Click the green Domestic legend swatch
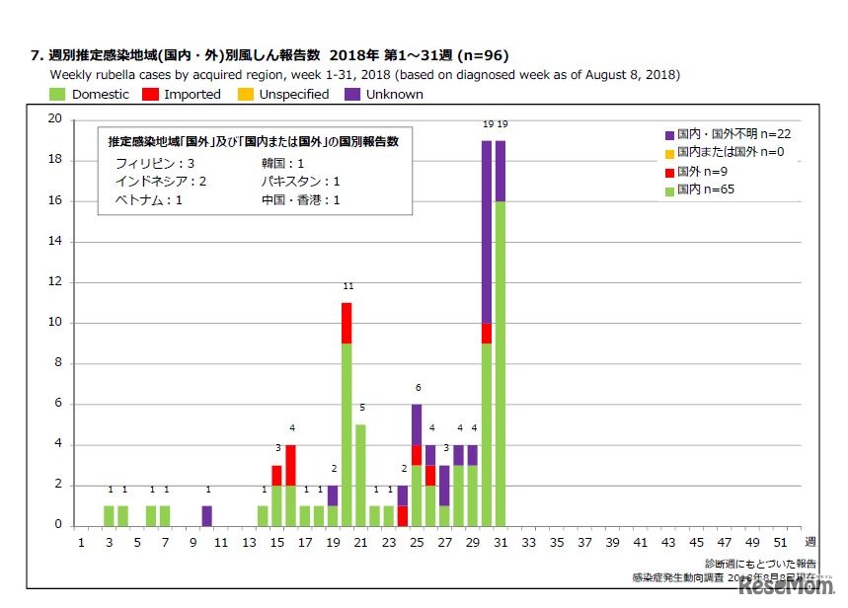point(57,95)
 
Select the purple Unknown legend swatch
point(352,95)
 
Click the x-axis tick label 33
point(530,542)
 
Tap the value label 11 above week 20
point(347,286)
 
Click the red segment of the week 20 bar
point(347,323)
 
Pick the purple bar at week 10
point(206,515)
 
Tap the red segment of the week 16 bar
point(290,465)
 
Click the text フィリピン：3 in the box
point(154,163)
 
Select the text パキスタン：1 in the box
point(300,182)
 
